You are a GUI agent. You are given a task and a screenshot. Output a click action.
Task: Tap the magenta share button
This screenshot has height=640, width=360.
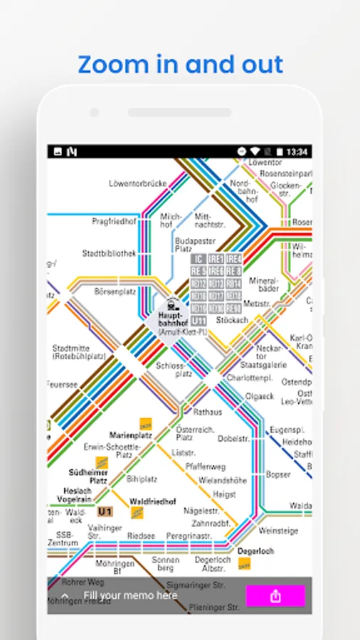pyautogui.click(x=275, y=596)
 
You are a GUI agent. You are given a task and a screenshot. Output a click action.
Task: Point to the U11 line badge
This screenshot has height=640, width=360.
pyautogui.click(x=199, y=321)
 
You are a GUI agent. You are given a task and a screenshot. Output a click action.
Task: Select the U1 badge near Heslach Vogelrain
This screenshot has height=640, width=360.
pyautogui.click(x=105, y=511)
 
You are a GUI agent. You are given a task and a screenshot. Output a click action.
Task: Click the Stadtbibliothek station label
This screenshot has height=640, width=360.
pyautogui.click(x=108, y=252)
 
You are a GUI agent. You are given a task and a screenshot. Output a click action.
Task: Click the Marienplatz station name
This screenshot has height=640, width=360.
pyautogui.click(x=132, y=434)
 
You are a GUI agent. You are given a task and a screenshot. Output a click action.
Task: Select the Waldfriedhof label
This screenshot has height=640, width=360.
pyautogui.click(x=153, y=501)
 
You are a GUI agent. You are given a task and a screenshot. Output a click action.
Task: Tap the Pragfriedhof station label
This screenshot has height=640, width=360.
pyautogui.click(x=114, y=221)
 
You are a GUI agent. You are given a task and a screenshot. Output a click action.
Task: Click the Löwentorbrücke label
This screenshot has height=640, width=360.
pyautogui.click(x=138, y=183)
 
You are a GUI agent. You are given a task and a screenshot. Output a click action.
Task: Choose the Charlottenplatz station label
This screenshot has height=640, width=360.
pyautogui.click(x=250, y=378)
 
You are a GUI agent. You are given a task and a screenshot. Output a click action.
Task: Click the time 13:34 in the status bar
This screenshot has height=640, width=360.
pyautogui.click(x=297, y=151)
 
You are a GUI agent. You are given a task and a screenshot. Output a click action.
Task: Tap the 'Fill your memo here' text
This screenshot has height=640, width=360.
pyautogui.click(x=130, y=595)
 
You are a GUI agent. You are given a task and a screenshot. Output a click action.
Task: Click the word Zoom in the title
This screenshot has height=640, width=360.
pyautogui.click(x=106, y=65)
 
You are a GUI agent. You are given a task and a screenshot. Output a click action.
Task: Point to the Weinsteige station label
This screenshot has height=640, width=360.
pyautogui.click(x=278, y=530)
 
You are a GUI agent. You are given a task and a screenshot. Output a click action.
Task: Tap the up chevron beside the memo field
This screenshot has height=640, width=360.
pyautogui.click(x=65, y=596)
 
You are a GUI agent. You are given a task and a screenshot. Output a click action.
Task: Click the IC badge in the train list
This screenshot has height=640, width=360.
pyautogui.click(x=199, y=260)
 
